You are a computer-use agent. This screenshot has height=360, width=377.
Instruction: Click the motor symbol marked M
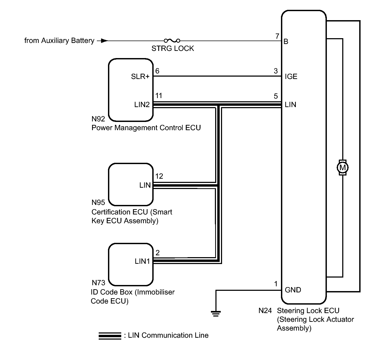coord(342,168)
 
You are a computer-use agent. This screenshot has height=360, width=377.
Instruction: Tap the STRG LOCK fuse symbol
coord(172,41)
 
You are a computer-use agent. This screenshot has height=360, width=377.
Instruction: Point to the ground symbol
coord(216,313)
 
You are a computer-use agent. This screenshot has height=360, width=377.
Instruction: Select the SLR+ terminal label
coord(140,76)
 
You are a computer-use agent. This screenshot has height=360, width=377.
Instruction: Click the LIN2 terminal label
coord(142,104)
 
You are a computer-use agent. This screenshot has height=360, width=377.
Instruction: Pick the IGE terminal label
coord(291,76)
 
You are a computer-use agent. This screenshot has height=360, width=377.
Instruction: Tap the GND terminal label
coord(293,290)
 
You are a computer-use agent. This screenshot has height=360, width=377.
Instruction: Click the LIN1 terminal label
coord(142,261)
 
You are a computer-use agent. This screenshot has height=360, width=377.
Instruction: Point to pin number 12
coord(159,176)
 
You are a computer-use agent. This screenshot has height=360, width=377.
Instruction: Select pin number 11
coord(159,96)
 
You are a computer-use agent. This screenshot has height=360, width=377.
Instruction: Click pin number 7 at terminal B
coord(277,36)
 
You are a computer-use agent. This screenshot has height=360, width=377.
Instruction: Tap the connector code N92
coord(98,119)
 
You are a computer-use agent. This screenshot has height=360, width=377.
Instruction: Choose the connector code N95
coord(98,203)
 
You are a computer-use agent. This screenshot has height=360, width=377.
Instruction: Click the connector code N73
coord(98,283)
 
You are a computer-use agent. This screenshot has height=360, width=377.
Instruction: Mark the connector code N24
coord(265,311)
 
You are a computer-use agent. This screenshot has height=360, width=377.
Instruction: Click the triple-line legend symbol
coord(110,336)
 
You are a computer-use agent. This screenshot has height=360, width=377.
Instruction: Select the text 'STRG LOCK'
coord(173,49)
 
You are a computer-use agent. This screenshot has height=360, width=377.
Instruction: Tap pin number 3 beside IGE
coord(276,71)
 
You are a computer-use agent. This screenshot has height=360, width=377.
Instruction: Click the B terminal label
coord(286,41)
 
